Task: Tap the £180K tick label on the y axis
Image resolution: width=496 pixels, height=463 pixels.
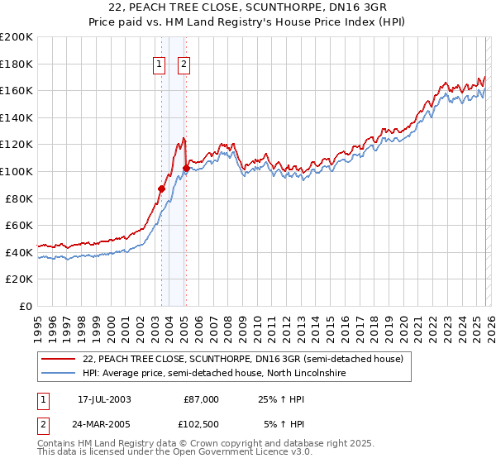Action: tap(17, 64)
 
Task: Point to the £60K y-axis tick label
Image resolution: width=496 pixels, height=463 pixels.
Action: tap(19, 225)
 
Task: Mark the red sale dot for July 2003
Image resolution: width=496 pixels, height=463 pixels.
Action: tap(162, 189)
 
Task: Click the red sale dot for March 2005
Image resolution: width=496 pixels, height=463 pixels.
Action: tap(186, 168)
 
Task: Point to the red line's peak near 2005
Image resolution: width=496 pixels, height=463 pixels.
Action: tap(183, 138)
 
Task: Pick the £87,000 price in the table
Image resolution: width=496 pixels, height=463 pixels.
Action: tap(201, 399)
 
